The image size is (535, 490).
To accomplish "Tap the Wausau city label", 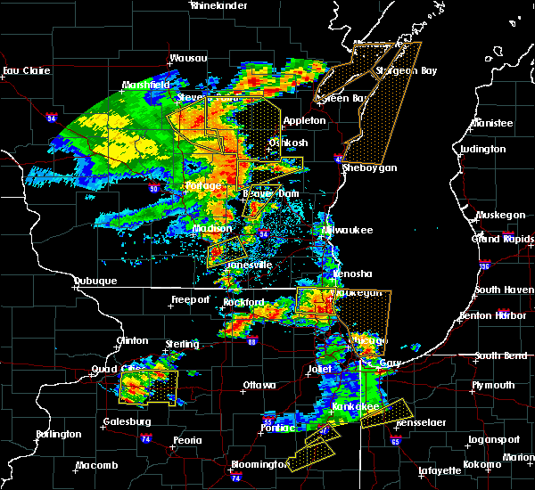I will (x=189, y=59).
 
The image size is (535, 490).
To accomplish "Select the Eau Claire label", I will (x=23, y=70).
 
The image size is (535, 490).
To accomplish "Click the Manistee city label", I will (x=493, y=123).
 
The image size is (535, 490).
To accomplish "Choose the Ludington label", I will (x=485, y=149).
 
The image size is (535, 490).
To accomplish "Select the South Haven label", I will (x=504, y=290).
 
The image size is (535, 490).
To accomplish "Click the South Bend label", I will (x=500, y=356).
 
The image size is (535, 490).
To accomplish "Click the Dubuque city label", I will (x=95, y=282).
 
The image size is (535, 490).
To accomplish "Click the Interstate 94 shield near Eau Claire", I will (x=52, y=117).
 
